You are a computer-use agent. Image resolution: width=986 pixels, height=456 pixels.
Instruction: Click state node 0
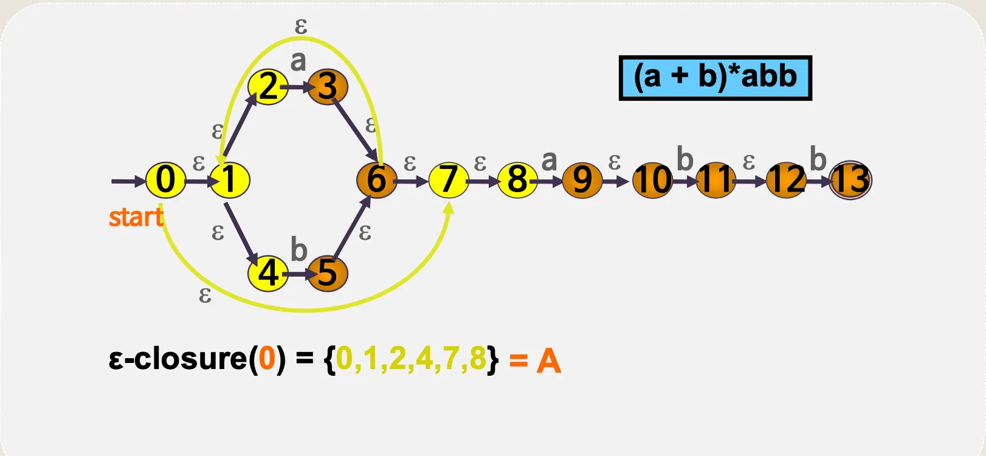(165, 180)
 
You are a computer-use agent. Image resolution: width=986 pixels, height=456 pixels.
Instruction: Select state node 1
(230, 180)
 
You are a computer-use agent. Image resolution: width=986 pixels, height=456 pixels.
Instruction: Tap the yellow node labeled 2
(268, 87)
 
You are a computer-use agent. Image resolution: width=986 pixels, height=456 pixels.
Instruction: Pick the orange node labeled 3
(328, 87)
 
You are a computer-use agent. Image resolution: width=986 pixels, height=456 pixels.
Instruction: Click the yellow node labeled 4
(268, 273)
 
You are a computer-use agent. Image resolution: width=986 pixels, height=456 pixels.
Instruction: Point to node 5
(328, 273)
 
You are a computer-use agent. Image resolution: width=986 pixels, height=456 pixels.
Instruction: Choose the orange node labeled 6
(377, 180)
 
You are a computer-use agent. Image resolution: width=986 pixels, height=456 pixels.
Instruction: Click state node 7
(449, 180)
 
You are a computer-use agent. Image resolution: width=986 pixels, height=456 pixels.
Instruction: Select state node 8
(517, 180)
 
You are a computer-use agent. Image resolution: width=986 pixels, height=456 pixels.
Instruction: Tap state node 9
(582, 180)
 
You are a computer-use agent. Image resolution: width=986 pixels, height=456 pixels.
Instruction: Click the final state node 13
(850, 180)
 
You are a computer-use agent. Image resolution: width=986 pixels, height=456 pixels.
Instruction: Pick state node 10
(653, 180)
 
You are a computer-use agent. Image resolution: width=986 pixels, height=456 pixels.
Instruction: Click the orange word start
(136, 217)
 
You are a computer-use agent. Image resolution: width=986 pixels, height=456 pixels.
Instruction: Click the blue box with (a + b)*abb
(715, 78)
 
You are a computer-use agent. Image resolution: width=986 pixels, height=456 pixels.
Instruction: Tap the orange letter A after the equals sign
(548, 361)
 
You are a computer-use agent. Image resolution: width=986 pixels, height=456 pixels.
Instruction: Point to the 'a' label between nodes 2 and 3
(298, 61)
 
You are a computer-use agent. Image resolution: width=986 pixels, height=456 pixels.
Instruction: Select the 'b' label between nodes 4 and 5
(298, 250)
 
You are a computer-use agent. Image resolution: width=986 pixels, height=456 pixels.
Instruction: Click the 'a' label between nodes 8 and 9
(549, 161)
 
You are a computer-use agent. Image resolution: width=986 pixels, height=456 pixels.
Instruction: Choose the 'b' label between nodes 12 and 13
(818, 159)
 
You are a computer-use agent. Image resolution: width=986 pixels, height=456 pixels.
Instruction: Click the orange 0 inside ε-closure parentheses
(267, 359)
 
